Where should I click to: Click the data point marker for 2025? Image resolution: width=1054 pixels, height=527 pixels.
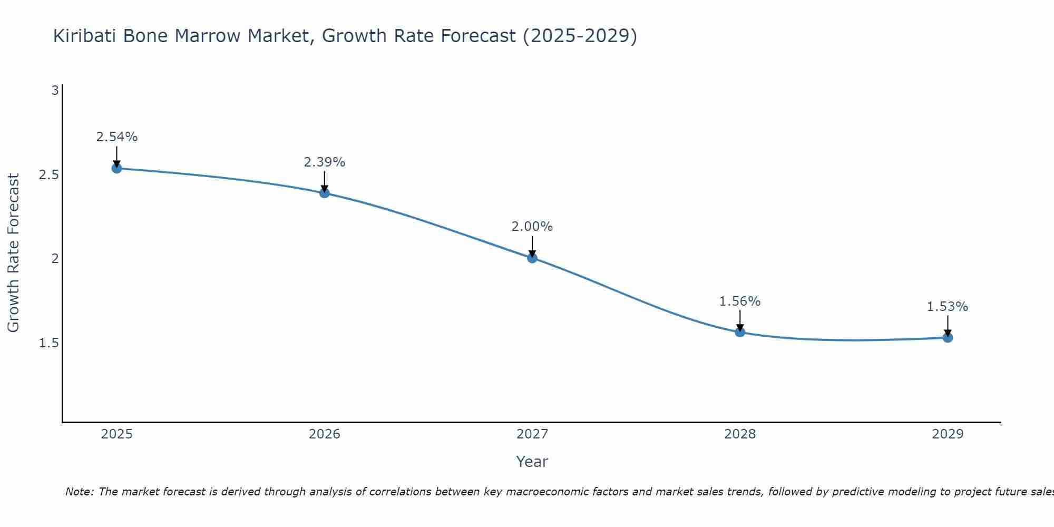(x=116, y=168)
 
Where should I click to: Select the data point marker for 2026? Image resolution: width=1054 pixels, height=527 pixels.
(x=324, y=193)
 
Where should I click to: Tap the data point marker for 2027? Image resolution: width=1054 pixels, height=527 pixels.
(x=532, y=258)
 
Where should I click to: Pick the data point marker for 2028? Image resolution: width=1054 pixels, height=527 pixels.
(x=740, y=332)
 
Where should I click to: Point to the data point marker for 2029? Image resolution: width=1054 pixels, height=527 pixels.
(x=948, y=337)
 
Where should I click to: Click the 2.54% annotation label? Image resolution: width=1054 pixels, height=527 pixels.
(x=116, y=137)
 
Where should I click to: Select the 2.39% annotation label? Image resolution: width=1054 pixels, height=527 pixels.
(x=324, y=162)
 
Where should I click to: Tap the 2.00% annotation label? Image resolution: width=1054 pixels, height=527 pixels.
(x=532, y=227)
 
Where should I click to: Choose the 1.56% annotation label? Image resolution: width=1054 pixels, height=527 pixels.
(x=740, y=301)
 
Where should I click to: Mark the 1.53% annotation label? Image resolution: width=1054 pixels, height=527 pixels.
(x=948, y=307)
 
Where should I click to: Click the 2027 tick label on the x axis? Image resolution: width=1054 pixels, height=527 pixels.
(x=532, y=434)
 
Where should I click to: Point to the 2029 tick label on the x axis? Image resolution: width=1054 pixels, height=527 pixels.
(x=948, y=434)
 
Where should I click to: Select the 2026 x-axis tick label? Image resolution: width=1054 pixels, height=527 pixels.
(x=324, y=434)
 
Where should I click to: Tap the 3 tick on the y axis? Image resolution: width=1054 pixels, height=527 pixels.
(x=54, y=91)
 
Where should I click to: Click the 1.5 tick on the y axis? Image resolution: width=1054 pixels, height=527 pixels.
(x=48, y=343)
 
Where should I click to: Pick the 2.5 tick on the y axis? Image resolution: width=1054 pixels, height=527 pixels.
(x=48, y=175)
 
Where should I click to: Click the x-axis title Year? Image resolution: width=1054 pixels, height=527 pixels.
(x=532, y=462)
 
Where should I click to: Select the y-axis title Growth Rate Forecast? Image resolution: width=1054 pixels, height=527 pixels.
(x=13, y=253)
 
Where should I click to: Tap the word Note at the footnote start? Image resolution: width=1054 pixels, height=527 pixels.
(x=79, y=492)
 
